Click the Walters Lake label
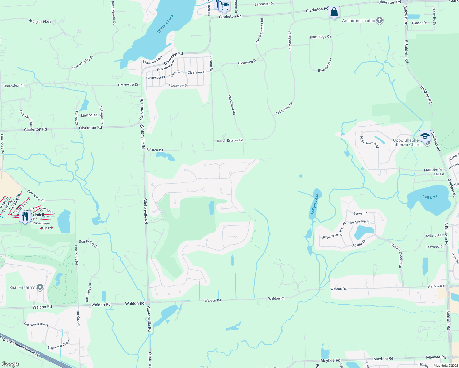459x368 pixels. [x=165, y=24]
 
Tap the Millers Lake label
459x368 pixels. [x=315, y=204]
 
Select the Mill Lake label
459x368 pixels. [x=430, y=197]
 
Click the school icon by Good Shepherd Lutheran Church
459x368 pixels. [x=425, y=136]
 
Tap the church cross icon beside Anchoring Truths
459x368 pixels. [x=380, y=21]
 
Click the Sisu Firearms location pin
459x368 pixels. [x=40, y=287]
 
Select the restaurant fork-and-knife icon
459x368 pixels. [x=25, y=216]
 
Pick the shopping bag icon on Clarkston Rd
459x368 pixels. [x=334, y=12]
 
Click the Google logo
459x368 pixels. [x=10, y=364]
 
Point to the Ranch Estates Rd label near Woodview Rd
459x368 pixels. [x=230, y=140]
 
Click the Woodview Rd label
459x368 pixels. [x=232, y=105]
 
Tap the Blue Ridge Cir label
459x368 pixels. [x=321, y=37]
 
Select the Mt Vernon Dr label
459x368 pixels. [x=360, y=222]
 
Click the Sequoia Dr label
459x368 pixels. [x=330, y=237]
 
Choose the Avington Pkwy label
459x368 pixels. [x=40, y=21]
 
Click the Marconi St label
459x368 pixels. [x=89, y=115]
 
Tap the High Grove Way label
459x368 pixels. [x=369, y=142]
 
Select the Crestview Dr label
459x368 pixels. [x=179, y=86]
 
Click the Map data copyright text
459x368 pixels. [x=446, y=366]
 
